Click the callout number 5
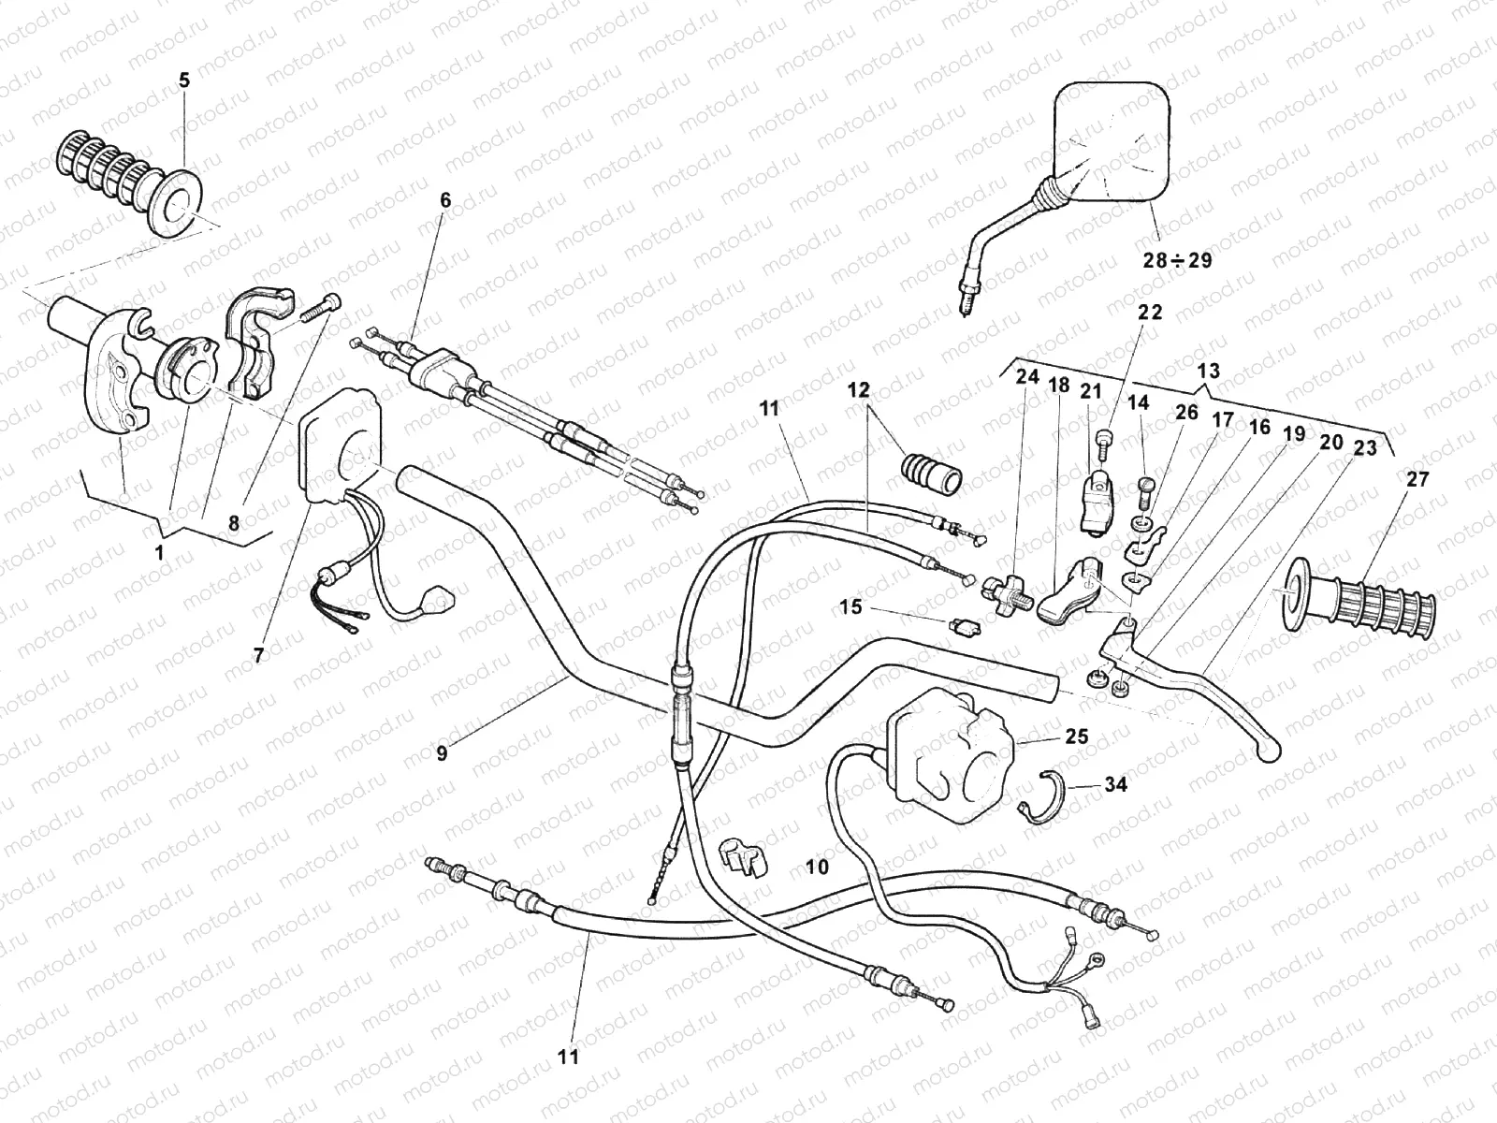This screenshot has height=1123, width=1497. (x=183, y=80)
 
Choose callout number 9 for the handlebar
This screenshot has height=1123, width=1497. (x=442, y=751)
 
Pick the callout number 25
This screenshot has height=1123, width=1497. (x=1076, y=737)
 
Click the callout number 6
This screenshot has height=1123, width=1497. (x=445, y=200)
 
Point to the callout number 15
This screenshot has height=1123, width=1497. (x=850, y=608)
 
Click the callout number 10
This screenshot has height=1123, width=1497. (x=817, y=868)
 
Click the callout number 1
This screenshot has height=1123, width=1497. (x=159, y=552)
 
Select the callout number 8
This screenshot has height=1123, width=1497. (x=234, y=525)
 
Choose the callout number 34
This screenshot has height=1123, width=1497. (x=1115, y=784)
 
